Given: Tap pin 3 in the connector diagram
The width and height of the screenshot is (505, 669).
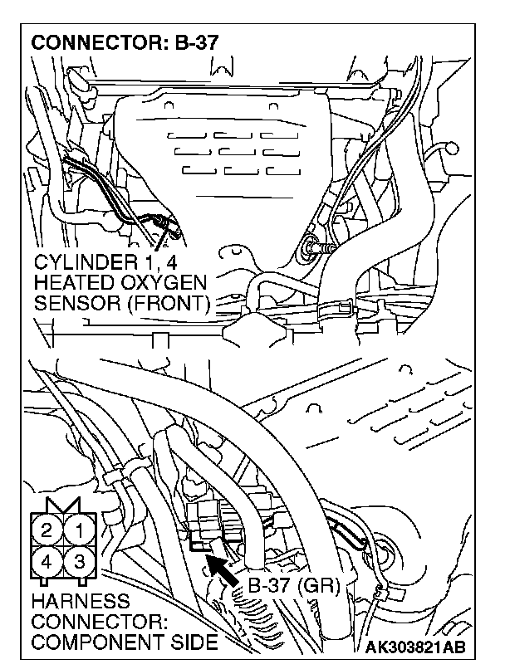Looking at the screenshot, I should point(80,562).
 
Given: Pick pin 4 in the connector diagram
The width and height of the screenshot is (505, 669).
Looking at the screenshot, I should point(48,562).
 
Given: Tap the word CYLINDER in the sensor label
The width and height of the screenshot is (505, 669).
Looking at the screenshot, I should point(81,263).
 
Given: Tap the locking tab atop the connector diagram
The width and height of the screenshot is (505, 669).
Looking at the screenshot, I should point(64,505).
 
